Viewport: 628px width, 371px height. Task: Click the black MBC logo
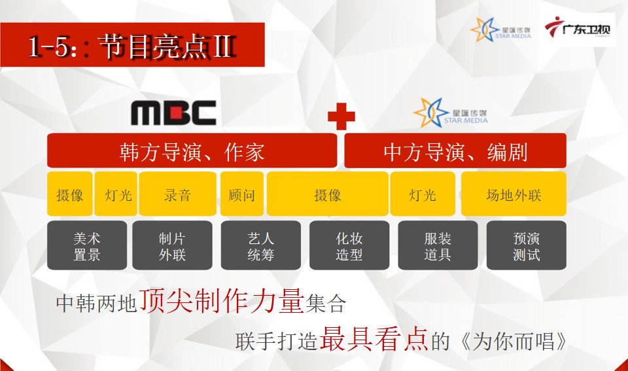coord(173,113)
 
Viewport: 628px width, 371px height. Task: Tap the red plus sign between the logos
coord(341,116)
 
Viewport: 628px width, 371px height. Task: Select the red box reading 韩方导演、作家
coord(192,150)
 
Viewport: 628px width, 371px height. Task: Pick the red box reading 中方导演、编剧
coord(455,150)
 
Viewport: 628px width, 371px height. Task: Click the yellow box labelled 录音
coord(177,194)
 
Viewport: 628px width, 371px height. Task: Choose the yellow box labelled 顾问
coord(242,194)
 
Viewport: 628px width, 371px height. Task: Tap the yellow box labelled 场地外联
coord(514,194)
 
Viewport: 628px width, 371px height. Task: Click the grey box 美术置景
coord(87,245)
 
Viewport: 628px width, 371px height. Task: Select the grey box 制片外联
coord(172,245)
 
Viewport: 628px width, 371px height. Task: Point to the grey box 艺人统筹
coord(261,245)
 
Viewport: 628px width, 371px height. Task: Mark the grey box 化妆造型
coord(349,245)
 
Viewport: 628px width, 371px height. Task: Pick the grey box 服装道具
coord(438,245)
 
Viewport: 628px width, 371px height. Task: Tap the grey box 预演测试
coord(526,245)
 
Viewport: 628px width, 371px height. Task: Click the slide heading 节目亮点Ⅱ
coord(167,46)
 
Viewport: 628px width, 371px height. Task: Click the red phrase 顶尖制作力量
coord(221,300)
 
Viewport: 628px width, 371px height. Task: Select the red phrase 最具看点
coord(374,339)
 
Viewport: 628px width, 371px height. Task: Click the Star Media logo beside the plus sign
coord(451,113)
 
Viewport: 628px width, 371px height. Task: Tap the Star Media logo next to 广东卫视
coord(500,29)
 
